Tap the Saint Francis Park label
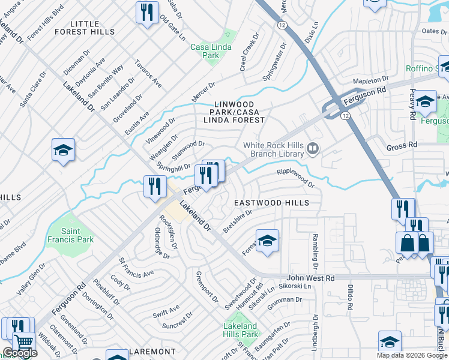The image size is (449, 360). (x=77, y=235)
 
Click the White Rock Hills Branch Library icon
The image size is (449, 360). (x=312, y=148)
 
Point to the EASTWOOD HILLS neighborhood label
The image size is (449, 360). (x=271, y=203)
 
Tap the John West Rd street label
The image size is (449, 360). (x=310, y=278)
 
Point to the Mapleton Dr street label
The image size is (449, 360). (x=371, y=80)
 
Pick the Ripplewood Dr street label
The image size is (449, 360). (x=295, y=178)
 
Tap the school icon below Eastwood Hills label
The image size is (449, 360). (x=267, y=241)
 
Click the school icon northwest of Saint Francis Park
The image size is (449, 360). (x=63, y=150)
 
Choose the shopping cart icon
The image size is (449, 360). (x=23, y=343)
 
